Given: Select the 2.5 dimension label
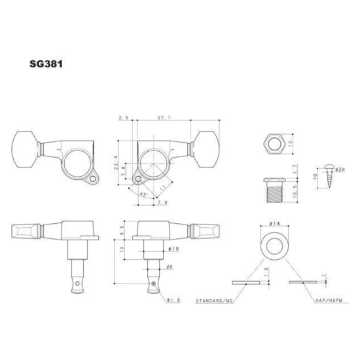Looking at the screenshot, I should tap(122, 117).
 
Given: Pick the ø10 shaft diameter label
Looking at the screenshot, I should tap(173, 249).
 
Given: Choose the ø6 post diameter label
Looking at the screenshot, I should tap(168, 266).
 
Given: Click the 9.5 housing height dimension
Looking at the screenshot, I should tap(123, 228).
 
